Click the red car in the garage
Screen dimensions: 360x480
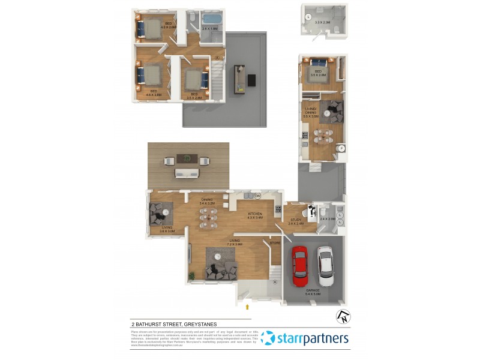pyautogui.click(x=299, y=267)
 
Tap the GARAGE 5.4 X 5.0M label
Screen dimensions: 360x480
pyautogui.click(x=313, y=293)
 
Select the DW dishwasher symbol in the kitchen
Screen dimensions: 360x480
pyautogui.click(x=257, y=196)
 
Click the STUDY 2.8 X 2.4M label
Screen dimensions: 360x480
pyautogui.click(x=295, y=222)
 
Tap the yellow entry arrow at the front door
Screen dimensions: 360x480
pyautogui.click(x=247, y=307)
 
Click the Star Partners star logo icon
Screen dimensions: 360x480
pyautogui.click(x=268, y=339)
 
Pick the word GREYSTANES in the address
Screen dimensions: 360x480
pyautogui.click(x=197, y=324)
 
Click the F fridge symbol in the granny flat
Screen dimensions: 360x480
pyautogui.click(x=341, y=148)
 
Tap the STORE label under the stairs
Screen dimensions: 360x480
pyautogui.click(x=275, y=243)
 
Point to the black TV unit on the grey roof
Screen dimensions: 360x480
pyautogui.click(x=251, y=80)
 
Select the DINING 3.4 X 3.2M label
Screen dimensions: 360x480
pyautogui.click(x=207, y=202)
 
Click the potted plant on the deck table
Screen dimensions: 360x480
pyautogui.click(x=188, y=159)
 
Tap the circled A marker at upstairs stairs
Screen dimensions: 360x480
pyautogui.click(x=217, y=58)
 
